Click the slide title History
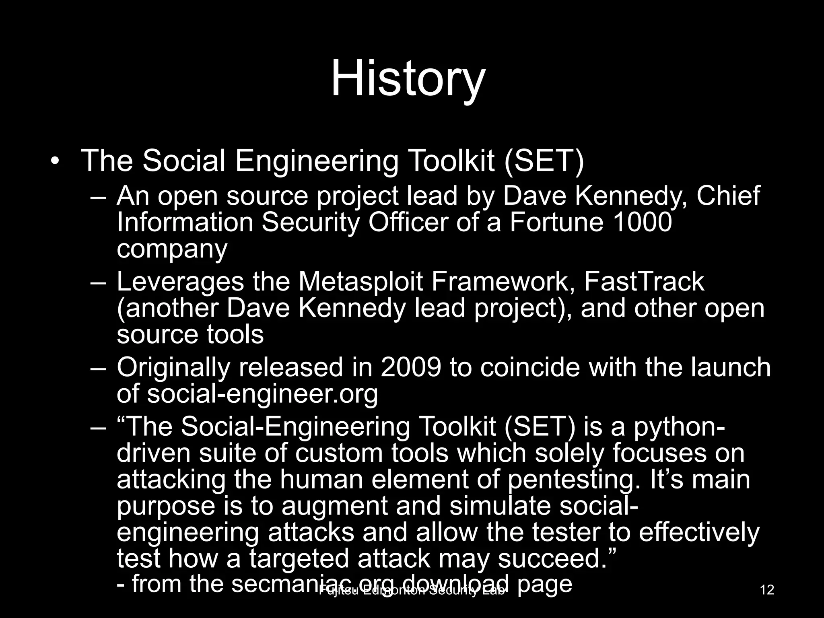(408, 79)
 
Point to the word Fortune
(556, 222)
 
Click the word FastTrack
(644, 282)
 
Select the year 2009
(411, 367)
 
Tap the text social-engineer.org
(262, 394)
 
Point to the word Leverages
(180, 282)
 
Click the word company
(172, 249)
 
